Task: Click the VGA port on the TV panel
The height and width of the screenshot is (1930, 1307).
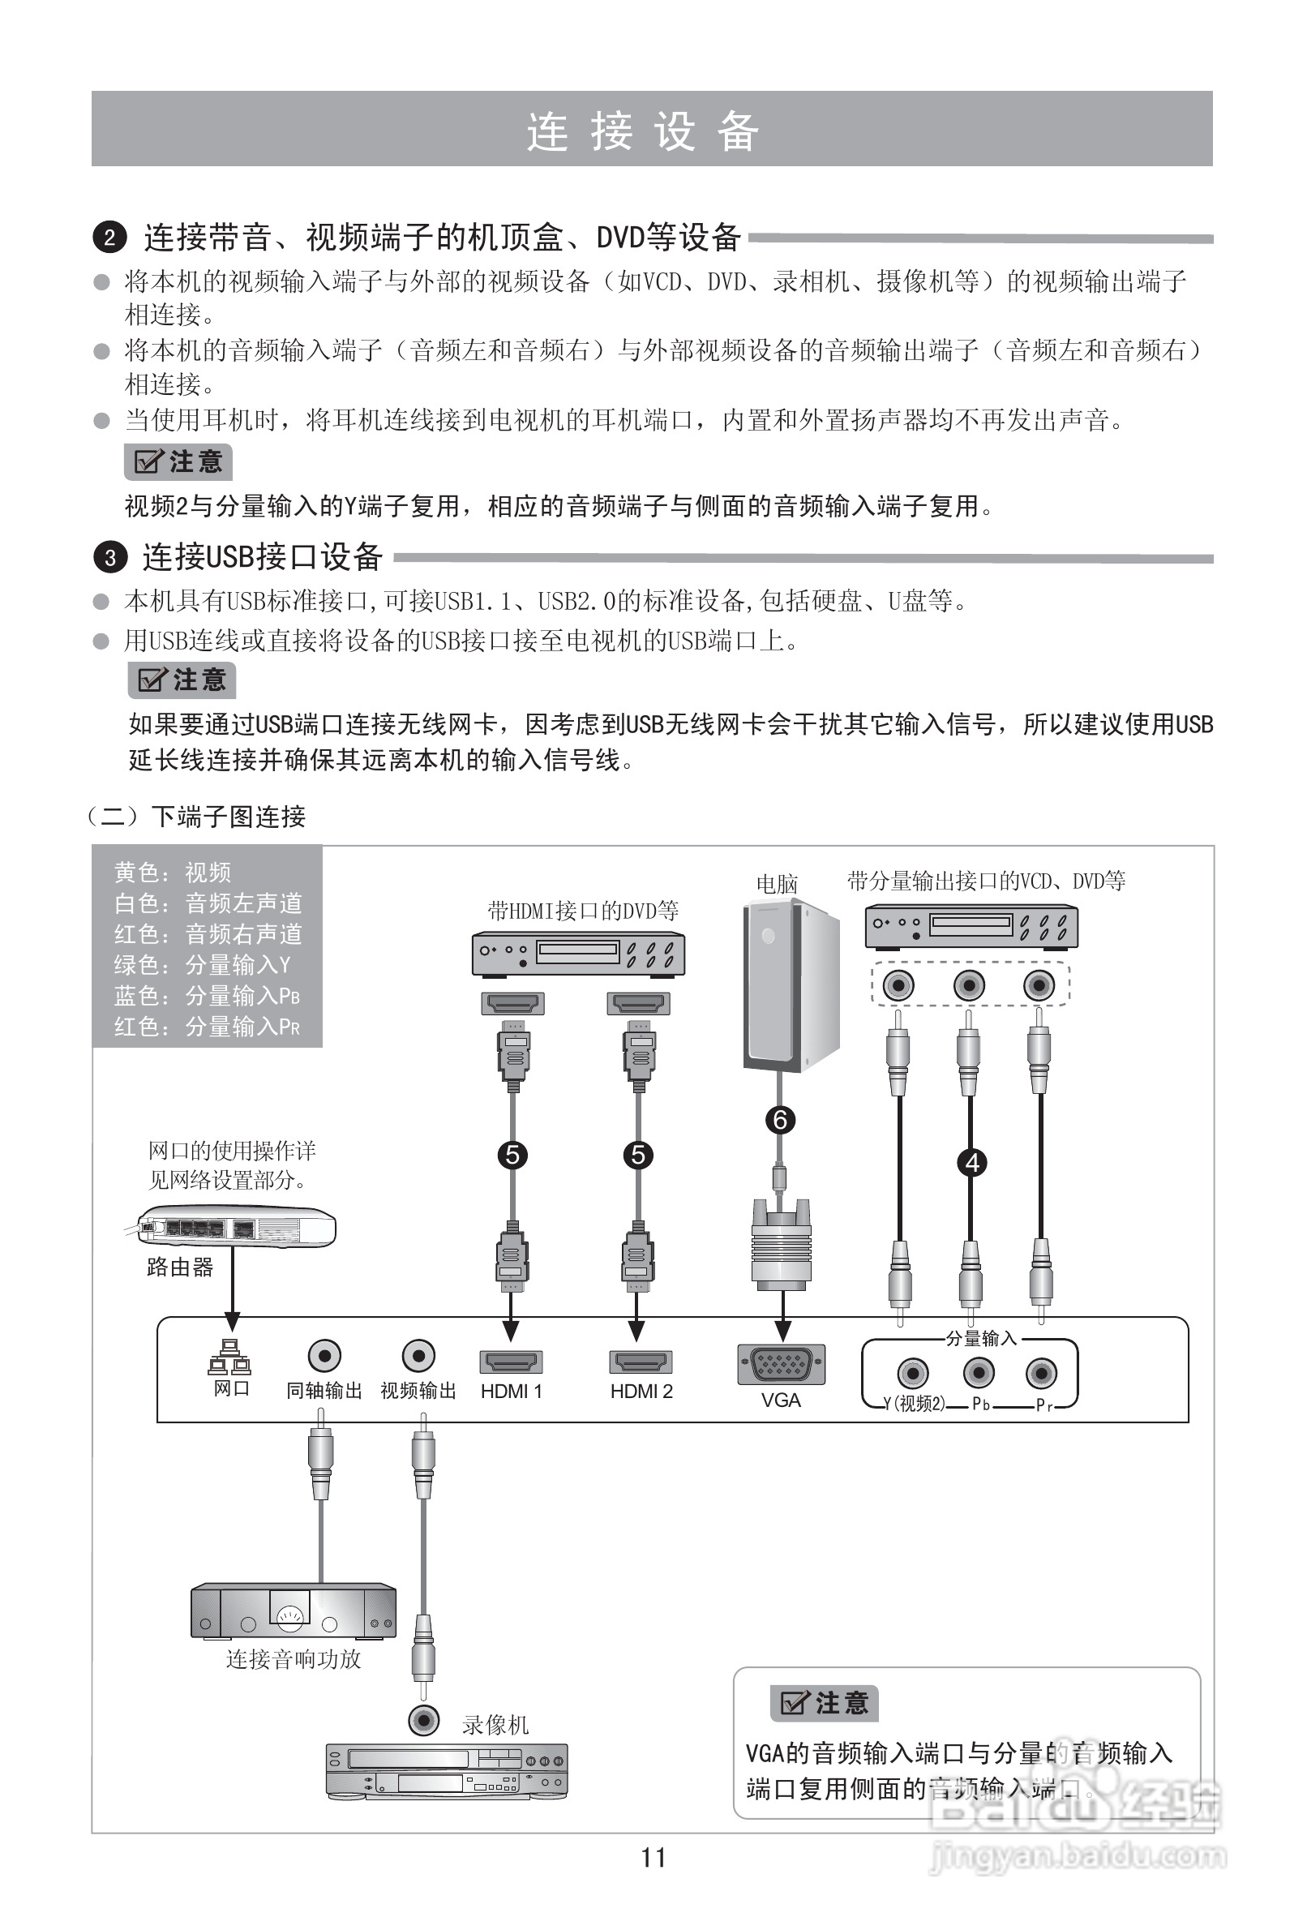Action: pyautogui.click(x=781, y=1365)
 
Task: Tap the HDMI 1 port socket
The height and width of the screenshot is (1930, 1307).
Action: pyautogui.click(x=511, y=1362)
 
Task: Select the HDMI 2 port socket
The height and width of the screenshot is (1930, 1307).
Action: pyautogui.click(x=641, y=1362)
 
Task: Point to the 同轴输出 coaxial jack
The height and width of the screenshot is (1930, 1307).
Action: pyautogui.click(x=324, y=1356)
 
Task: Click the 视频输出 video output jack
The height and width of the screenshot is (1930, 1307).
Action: pyautogui.click(x=418, y=1356)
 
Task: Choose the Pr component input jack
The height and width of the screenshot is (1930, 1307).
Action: pyautogui.click(x=1040, y=1373)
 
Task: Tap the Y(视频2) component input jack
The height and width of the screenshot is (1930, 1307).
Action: pyautogui.click(x=913, y=1373)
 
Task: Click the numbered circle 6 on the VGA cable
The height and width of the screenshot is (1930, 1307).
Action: pyautogui.click(x=780, y=1121)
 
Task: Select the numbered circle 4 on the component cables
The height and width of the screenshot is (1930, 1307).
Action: pyautogui.click(x=972, y=1163)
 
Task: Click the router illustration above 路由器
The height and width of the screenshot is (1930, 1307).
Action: pyautogui.click(x=237, y=1226)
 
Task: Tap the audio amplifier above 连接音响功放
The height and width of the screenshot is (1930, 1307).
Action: pyautogui.click(x=294, y=1611)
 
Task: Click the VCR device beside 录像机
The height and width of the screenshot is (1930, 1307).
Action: pyautogui.click(x=446, y=1771)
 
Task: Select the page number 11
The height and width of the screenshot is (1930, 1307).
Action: pyautogui.click(x=653, y=1858)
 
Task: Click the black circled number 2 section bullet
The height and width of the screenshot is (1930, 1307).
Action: pyautogui.click(x=109, y=238)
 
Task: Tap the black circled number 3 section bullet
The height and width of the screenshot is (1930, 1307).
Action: pyautogui.click(x=110, y=557)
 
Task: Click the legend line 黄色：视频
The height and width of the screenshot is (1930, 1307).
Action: pyautogui.click(x=173, y=873)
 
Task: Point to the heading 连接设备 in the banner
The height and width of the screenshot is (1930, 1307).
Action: pyautogui.click(x=643, y=131)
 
